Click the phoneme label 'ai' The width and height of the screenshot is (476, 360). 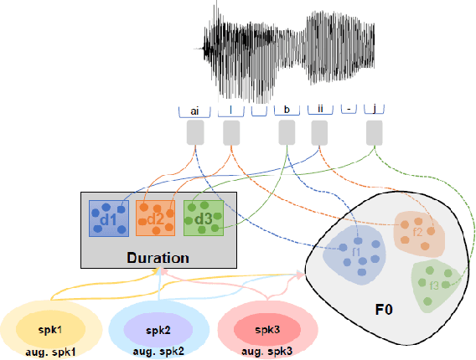point(194,110)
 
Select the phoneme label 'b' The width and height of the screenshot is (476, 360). point(287,110)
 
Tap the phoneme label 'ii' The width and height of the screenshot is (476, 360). point(319,110)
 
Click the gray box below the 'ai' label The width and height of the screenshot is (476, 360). point(195,132)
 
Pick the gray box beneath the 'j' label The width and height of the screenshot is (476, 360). point(374,132)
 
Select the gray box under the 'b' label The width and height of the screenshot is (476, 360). point(287,132)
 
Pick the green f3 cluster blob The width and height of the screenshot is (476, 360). point(435,283)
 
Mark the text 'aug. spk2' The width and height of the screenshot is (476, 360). point(158,352)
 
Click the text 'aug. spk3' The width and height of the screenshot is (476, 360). point(267,352)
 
